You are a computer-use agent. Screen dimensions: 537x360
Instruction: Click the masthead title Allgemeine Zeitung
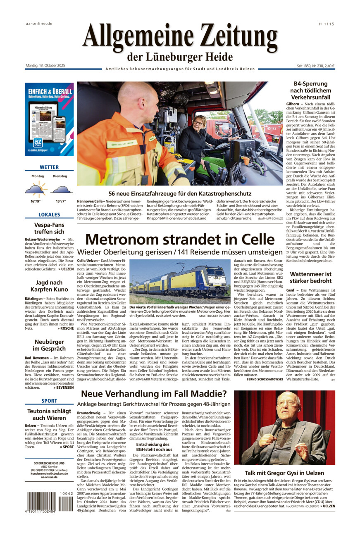(x=180, y=37)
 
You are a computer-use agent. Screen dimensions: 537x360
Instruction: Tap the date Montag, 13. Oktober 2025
(x=45, y=66)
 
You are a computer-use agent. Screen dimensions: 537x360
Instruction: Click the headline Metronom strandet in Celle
(x=180, y=240)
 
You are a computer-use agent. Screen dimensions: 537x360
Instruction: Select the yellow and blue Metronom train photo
(x=180, y=281)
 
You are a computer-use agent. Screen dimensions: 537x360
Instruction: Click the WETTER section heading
(x=49, y=167)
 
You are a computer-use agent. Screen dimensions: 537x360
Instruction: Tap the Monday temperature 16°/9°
(x=37, y=201)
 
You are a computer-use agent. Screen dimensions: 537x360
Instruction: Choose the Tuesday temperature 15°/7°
(x=61, y=201)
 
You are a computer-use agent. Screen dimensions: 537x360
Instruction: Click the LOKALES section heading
(x=49, y=215)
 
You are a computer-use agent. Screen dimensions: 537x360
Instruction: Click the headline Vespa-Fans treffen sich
(x=49, y=228)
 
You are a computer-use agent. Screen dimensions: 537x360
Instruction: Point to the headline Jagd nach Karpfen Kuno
(x=49, y=286)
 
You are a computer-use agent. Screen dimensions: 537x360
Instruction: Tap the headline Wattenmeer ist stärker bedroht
(x=310, y=278)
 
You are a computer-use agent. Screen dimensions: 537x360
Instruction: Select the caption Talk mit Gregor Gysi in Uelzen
(x=284, y=473)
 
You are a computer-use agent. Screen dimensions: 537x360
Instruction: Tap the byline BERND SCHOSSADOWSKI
(x=265, y=379)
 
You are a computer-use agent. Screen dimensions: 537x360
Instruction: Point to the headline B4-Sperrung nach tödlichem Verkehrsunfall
(x=310, y=90)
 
